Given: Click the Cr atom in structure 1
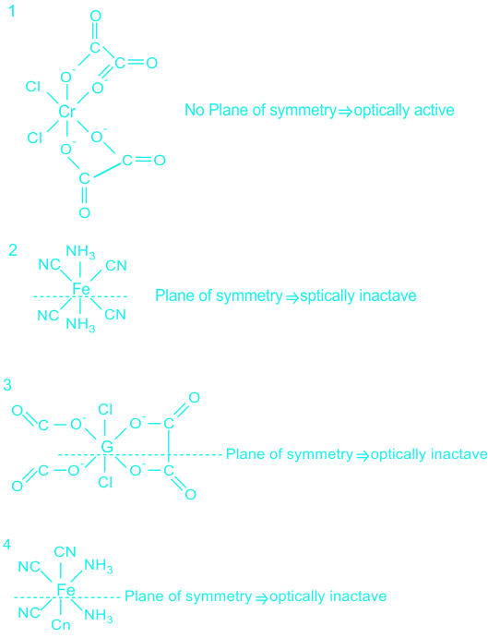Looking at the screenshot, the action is [66, 111].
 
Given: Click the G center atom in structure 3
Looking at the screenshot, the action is [107, 447].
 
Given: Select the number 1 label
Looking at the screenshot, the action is [12, 11].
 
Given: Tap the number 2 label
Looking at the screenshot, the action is [13, 250].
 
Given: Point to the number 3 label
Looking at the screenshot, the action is [7, 384].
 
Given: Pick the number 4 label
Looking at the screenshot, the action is [6, 544].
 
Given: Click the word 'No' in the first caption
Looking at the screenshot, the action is [195, 110].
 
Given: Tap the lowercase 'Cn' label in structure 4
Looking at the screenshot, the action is [61, 624].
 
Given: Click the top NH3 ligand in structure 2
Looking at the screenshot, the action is [80, 252].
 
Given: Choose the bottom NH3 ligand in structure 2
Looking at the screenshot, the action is [80, 325].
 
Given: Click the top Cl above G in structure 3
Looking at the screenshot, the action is [105, 409].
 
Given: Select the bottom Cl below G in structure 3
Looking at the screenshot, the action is [105, 482].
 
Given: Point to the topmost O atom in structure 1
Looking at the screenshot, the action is [96, 17].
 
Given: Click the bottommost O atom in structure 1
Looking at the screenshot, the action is [84, 212].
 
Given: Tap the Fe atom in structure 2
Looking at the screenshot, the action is [81, 289].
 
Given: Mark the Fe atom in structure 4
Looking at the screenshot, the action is [65, 589].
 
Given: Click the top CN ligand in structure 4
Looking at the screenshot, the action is [65, 552].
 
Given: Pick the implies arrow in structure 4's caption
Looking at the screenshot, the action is [261, 597].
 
